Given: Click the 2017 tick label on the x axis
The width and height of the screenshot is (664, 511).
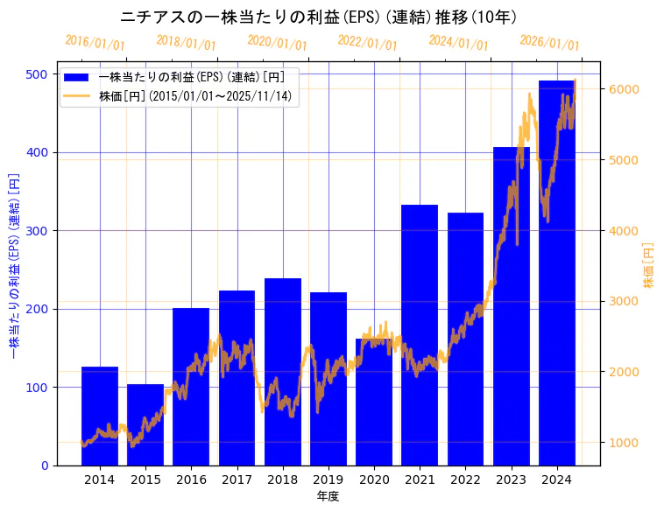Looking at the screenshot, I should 237,479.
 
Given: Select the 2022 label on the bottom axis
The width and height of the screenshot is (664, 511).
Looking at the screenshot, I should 465,479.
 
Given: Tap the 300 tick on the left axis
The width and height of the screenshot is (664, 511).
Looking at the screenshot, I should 37,231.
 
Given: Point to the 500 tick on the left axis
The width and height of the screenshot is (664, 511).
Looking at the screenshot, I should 37,74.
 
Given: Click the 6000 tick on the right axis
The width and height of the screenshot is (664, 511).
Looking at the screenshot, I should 623,89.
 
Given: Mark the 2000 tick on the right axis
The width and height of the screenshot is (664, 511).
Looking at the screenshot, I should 623,372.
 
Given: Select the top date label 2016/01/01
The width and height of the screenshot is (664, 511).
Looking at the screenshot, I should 95,43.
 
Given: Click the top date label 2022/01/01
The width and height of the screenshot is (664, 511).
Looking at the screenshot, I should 367,43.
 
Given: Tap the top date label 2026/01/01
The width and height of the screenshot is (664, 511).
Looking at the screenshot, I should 549,43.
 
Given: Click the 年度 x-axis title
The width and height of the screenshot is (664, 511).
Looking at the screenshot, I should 328,496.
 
